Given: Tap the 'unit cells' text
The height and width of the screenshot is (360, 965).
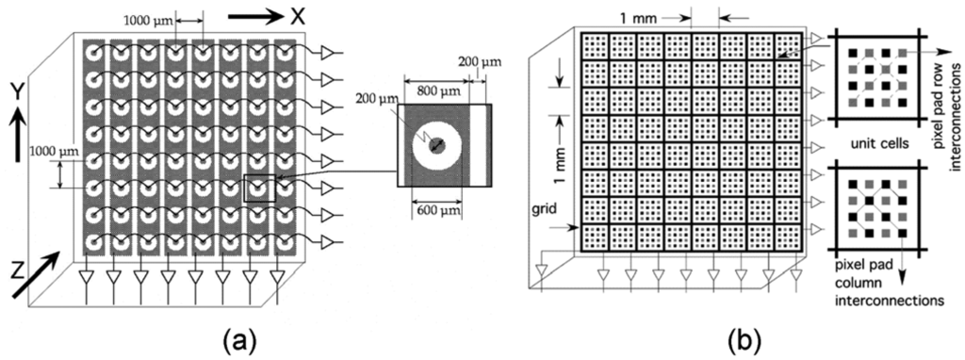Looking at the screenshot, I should tap(877, 143).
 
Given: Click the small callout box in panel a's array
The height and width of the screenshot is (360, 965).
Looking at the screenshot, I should tap(258, 188).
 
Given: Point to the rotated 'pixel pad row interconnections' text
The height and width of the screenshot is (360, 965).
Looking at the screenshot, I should tap(949, 84).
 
